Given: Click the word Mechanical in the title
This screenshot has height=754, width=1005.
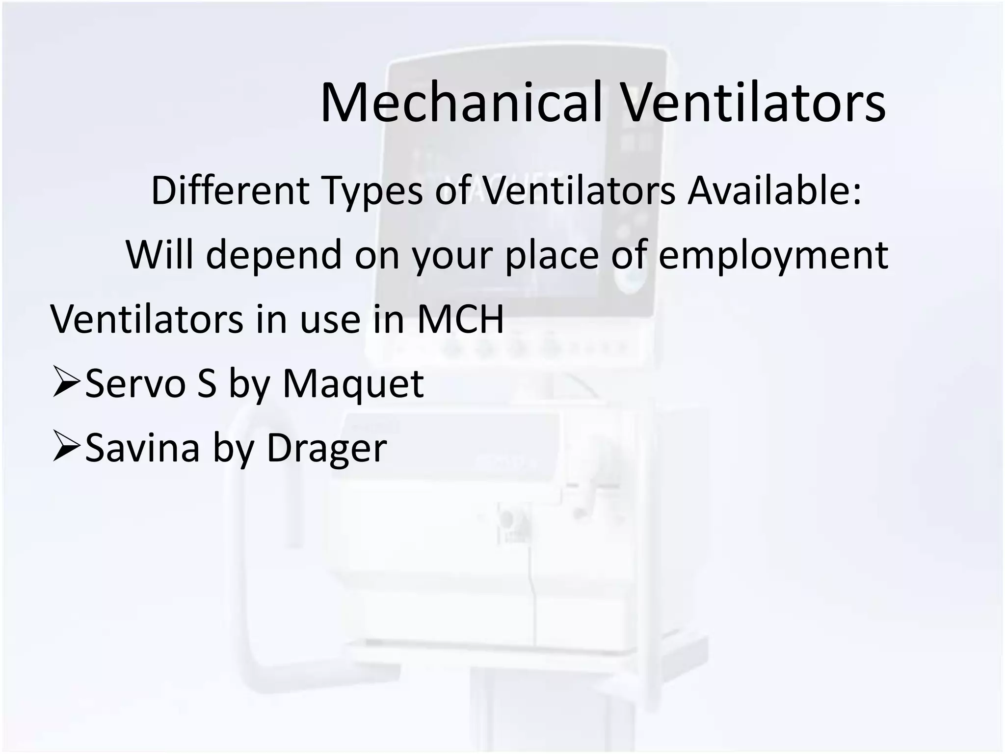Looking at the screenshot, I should pos(461,103).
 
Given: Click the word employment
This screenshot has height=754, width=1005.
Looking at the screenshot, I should pos(773,255).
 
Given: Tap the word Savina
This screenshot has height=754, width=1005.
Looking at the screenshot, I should pos(142,448).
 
